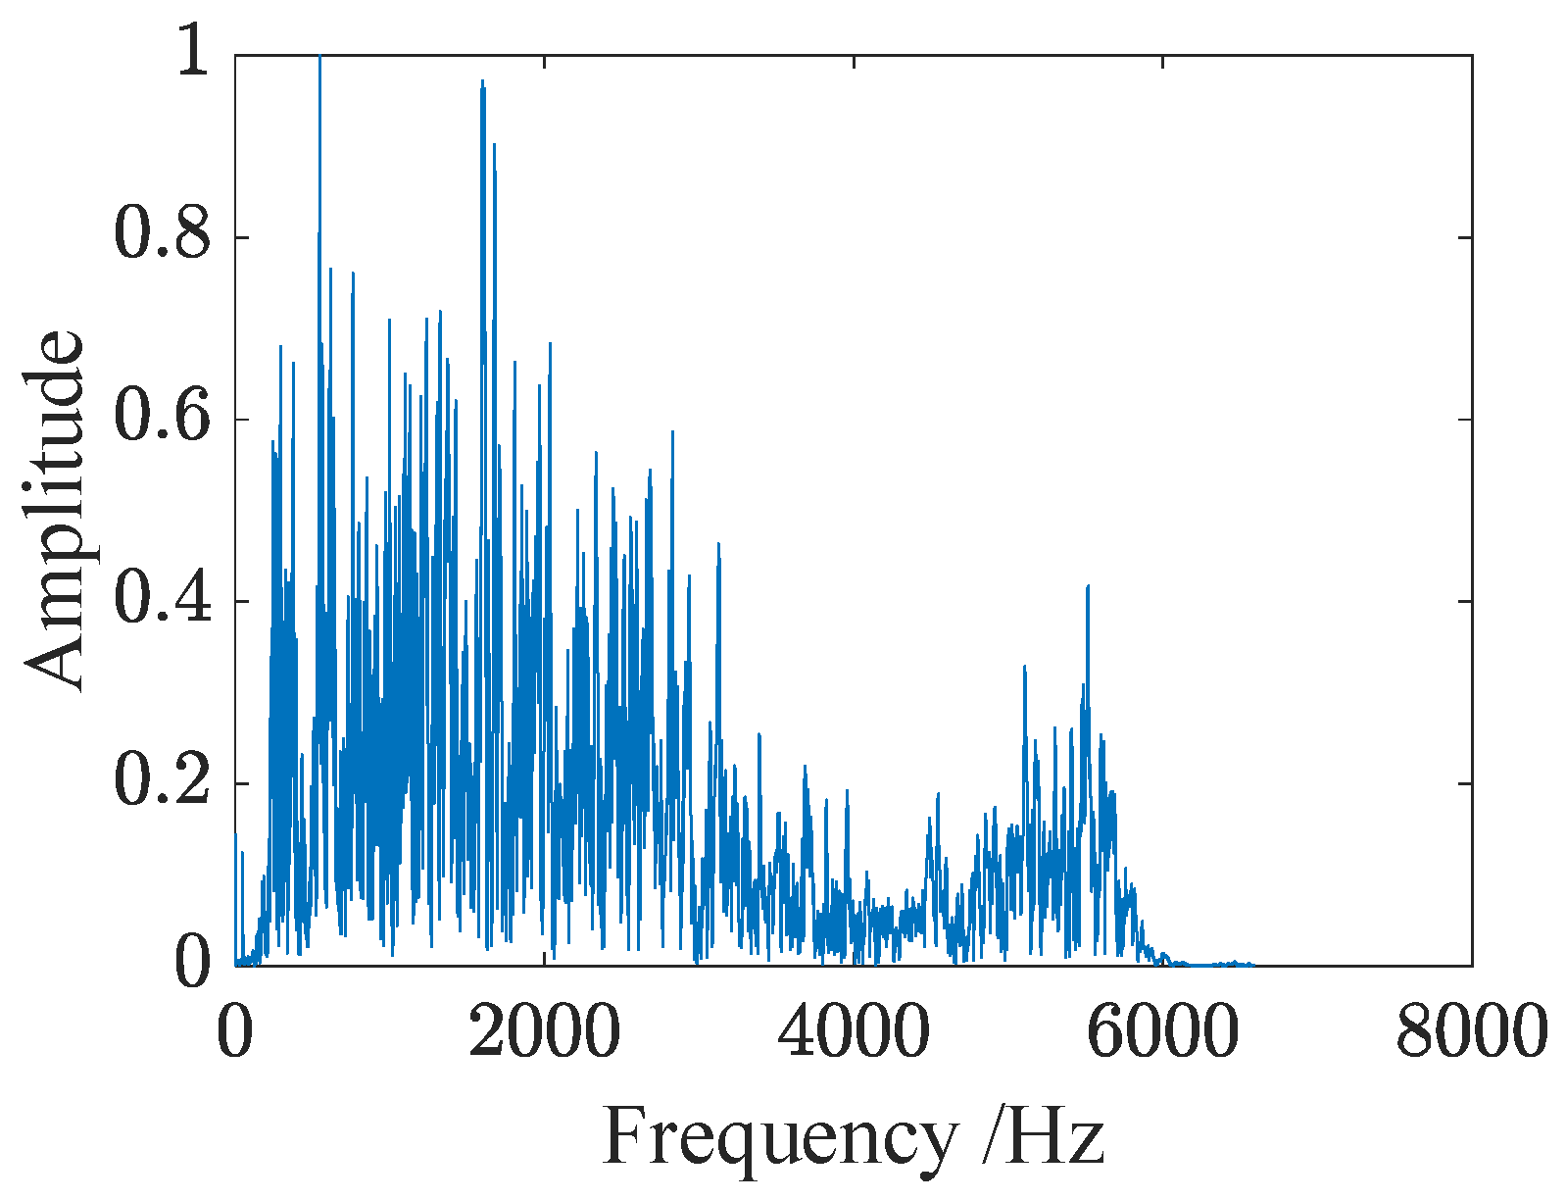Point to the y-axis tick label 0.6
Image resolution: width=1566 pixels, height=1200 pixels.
pyautogui.click(x=163, y=419)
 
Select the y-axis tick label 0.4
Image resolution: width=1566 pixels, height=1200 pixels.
pyautogui.click(x=163, y=600)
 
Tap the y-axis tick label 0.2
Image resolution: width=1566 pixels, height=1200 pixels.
pyautogui.click(x=163, y=782)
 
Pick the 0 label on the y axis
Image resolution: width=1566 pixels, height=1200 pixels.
pyautogui.click(x=192, y=964)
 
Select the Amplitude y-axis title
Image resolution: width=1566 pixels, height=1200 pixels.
pyautogui.click(x=56, y=510)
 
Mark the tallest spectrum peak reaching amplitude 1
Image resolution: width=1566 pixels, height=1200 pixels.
pyautogui.click(x=319, y=59)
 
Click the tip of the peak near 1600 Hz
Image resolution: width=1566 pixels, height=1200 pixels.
pyautogui.click(x=482, y=82)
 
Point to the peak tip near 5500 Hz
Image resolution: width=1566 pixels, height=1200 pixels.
pyautogui.click(x=1088, y=586)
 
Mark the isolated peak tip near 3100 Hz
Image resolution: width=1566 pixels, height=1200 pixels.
pyautogui.click(x=718, y=544)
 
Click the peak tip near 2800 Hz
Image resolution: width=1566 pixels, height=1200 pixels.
pyautogui.click(x=672, y=431)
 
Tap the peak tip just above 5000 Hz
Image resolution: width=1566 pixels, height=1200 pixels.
pyautogui.click(x=1024, y=667)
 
